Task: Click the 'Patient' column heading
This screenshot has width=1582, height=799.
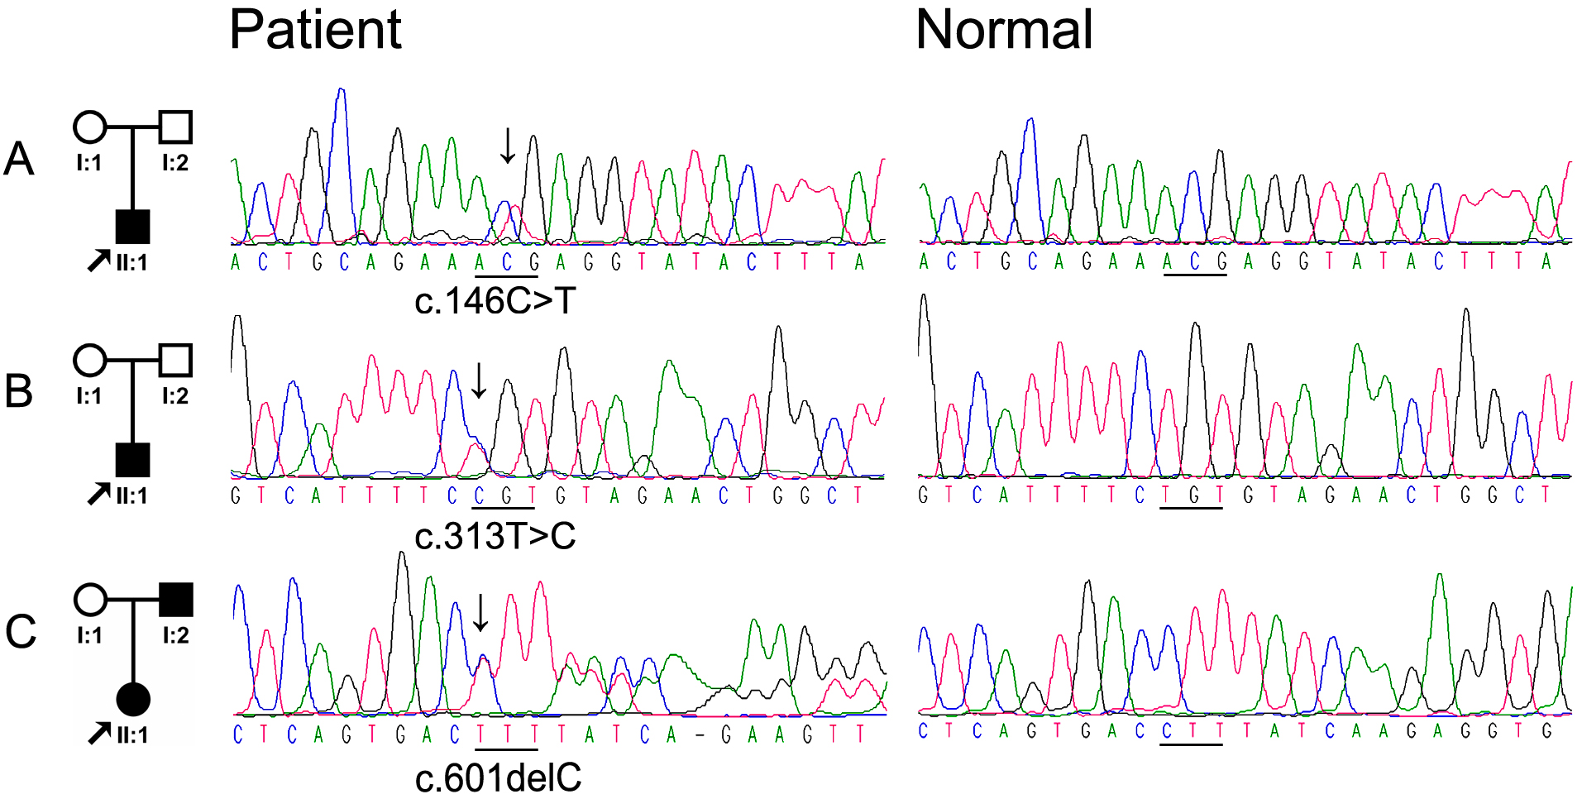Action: [x=315, y=31]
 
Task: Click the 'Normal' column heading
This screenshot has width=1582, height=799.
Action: [x=1004, y=31]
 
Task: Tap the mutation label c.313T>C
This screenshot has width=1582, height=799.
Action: [x=495, y=537]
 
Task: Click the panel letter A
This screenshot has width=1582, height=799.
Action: [x=19, y=159]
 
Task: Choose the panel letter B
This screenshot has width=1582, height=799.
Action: [x=19, y=391]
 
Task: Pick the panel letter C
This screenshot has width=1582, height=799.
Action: [x=21, y=632]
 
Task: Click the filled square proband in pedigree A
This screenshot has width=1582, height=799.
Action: [x=132, y=226]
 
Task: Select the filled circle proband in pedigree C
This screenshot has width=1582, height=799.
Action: [x=133, y=699]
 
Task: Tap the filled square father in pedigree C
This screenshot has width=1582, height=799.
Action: [x=175, y=600]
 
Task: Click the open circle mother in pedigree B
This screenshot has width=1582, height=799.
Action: [x=90, y=361]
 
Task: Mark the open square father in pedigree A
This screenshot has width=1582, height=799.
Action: [x=175, y=127]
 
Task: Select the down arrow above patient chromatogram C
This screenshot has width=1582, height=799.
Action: [x=480, y=612]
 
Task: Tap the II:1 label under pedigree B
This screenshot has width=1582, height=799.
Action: [x=131, y=496]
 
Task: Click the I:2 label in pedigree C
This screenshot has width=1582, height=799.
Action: [x=175, y=635]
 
